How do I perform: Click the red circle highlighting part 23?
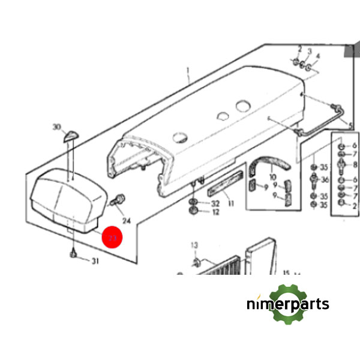(112, 238)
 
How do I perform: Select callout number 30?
(57, 127)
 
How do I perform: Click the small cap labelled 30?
(71, 134)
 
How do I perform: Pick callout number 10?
(273, 178)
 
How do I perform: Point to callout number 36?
(325, 180)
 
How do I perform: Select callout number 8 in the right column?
(355, 164)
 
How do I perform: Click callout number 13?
(194, 246)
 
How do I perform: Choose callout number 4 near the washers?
(318, 56)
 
